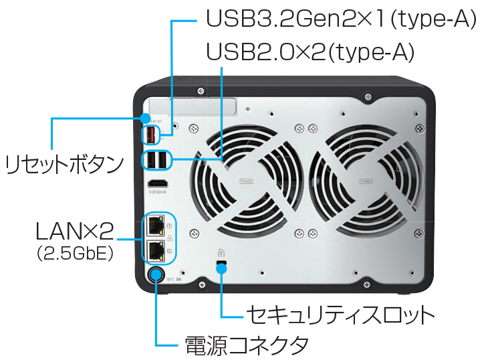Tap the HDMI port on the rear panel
tap(157, 183)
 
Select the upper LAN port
tap(155, 226)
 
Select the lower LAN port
tap(155, 251)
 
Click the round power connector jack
tap(156, 274)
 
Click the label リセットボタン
tap(65, 163)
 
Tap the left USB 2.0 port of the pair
tap(150, 160)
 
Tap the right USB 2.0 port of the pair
tap(162, 160)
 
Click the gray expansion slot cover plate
tap(193, 106)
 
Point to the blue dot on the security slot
tap(222, 268)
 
